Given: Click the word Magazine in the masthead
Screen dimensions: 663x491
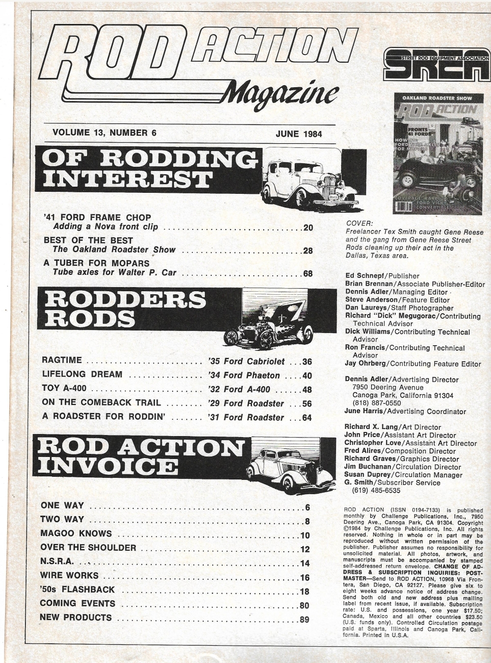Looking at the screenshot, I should (280, 94).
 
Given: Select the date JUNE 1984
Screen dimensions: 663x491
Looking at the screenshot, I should (299, 134).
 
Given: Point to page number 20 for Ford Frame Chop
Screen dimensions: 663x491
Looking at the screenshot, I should (307, 227).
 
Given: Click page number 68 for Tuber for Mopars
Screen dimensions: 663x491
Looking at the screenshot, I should (307, 273).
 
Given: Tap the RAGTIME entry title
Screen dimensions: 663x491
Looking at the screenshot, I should (61, 362).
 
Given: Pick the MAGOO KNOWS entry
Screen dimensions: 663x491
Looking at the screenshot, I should (76, 534).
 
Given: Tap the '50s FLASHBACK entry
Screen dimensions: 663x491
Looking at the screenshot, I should (77, 590).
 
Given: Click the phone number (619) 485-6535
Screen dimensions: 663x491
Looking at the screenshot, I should (376, 491).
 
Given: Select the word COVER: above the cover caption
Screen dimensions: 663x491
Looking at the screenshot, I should (359, 223).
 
